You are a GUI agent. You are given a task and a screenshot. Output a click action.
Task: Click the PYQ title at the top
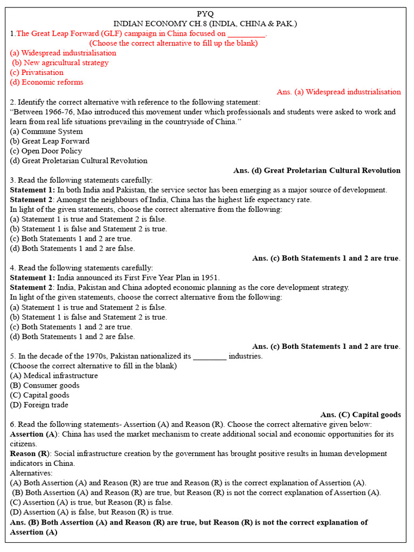[x=205, y=14]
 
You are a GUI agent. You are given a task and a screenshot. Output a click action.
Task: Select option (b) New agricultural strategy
[x=60, y=63]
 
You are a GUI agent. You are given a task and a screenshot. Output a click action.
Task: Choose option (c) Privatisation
[x=37, y=72]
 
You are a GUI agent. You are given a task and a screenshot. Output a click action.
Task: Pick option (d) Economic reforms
[x=47, y=82]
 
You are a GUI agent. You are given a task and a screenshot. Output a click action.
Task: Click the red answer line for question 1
[x=339, y=92]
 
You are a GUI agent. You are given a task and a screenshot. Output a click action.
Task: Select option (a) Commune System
[x=46, y=131]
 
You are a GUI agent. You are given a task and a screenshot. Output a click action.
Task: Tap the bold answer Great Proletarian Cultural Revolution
[x=332, y=170]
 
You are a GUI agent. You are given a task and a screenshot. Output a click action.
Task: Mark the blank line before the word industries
[x=209, y=356]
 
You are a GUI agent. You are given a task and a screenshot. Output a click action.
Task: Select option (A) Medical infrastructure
[x=54, y=376]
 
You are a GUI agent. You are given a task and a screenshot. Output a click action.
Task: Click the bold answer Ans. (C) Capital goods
[x=360, y=415]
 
